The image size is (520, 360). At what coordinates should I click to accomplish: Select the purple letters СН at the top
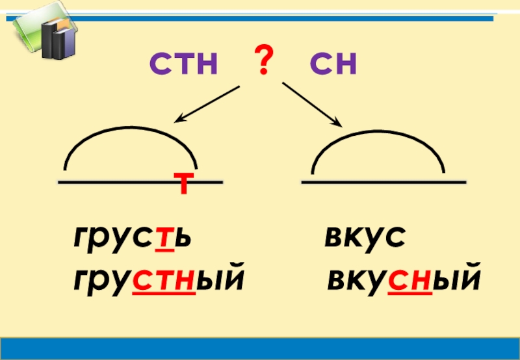tap(333, 65)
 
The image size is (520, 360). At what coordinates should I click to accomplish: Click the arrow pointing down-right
tap(312, 104)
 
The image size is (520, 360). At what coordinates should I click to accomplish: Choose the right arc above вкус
tap(378, 140)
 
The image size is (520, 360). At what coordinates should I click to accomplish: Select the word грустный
tap(159, 280)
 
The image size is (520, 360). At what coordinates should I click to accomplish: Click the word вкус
tap(365, 240)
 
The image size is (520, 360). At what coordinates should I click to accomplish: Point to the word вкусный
tap(404, 280)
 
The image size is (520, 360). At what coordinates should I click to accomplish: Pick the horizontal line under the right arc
tap(383, 183)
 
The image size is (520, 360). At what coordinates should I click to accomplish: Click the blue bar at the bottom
tap(260, 347)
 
